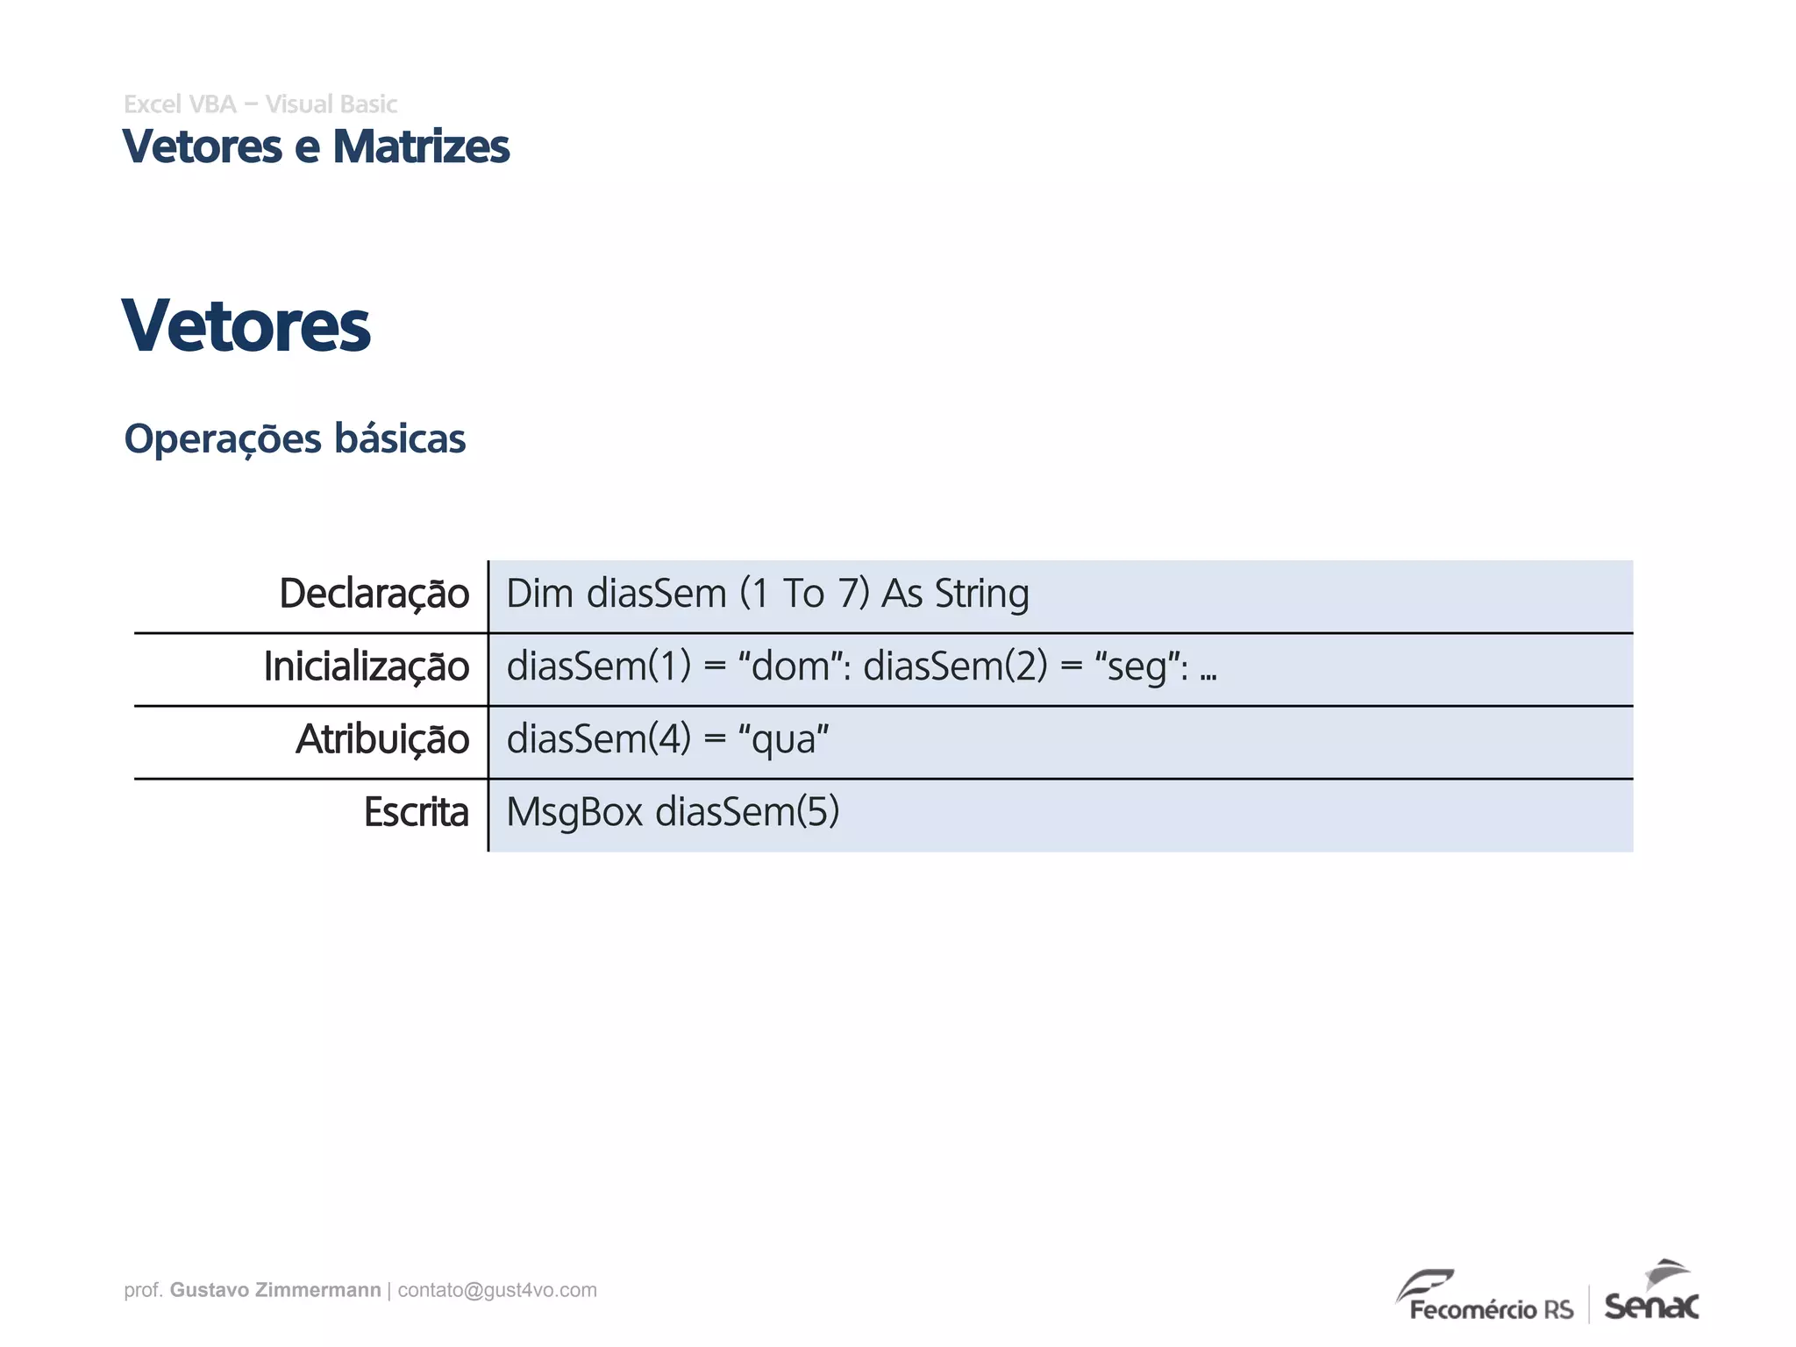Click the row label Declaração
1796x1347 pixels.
pyautogui.click(x=374, y=595)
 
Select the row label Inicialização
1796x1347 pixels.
pyautogui.click(x=367, y=667)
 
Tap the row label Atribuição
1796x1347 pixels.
pyautogui.click(x=382, y=740)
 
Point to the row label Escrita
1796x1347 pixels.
pyautogui.click(x=417, y=813)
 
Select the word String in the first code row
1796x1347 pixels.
pyautogui.click(x=982, y=595)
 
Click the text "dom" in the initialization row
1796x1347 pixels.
pyautogui.click(x=789, y=667)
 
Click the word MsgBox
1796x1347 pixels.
pyautogui.click(x=574, y=813)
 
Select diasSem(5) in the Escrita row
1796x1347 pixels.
pyautogui.click(x=747, y=812)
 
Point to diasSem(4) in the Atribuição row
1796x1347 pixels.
pyautogui.click(x=599, y=739)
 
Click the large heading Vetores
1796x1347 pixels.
pyautogui.click(x=246, y=326)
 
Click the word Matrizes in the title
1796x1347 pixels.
pyautogui.click(x=421, y=146)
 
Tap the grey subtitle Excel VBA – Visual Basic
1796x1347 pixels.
pyautogui.click(x=260, y=104)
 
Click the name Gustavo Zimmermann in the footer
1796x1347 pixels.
pyautogui.click(x=275, y=1290)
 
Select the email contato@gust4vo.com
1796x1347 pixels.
pyautogui.click(x=497, y=1290)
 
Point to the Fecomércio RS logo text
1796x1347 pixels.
pyautogui.click(x=1491, y=1309)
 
